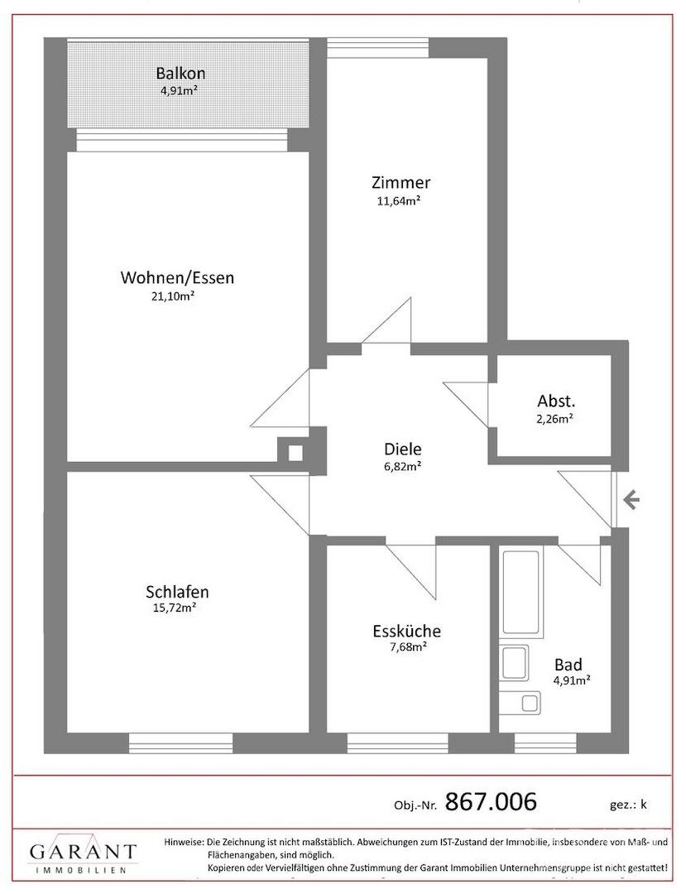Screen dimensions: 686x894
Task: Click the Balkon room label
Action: point(180,74)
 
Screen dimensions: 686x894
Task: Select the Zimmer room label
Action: point(401,182)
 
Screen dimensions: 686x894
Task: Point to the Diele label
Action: point(403,449)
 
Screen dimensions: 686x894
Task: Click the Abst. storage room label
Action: point(552,401)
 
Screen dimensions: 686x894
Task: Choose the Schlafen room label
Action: point(177,592)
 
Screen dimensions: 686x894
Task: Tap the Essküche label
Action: point(407,631)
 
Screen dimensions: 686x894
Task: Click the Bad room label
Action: point(568,665)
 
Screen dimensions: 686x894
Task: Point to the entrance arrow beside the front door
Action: point(631,501)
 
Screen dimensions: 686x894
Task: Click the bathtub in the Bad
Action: point(520,593)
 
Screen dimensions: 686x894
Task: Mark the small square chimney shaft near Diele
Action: point(295,454)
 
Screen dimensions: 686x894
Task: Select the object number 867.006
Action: point(491,801)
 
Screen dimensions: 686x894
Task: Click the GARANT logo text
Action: point(83,853)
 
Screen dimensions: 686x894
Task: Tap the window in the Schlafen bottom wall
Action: point(180,743)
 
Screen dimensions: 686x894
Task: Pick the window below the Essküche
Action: point(398,743)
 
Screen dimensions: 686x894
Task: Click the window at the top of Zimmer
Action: point(378,47)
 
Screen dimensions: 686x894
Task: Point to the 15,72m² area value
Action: point(171,608)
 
